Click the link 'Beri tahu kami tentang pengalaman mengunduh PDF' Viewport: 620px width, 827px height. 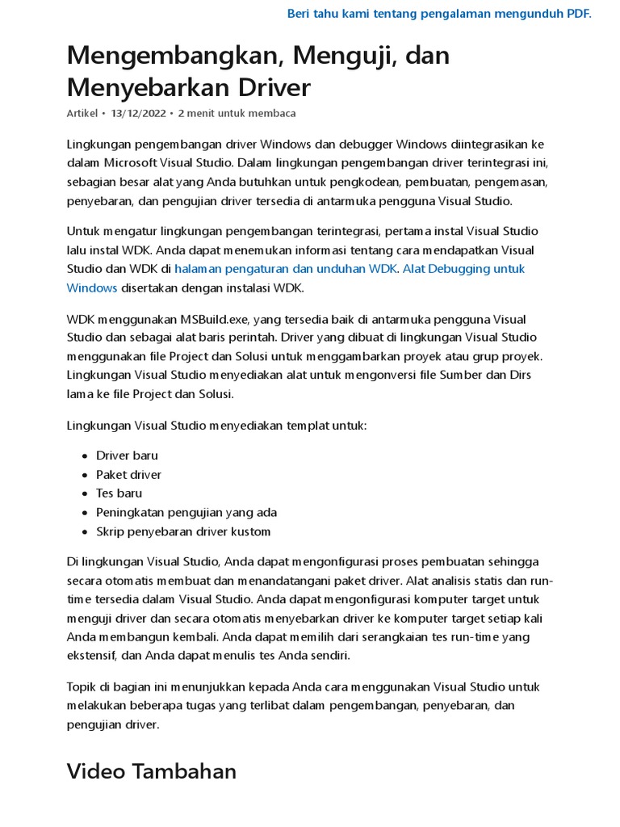pyautogui.click(x=438, y=14)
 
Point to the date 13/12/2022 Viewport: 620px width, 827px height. pyautogui.click(x=138, y=113)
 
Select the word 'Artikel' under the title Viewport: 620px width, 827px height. pyautogui.click(x=82, y=113)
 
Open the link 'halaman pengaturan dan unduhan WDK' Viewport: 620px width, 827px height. pyautogui.click(x=286, y=269)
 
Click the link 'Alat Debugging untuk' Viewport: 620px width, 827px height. pyautogui.click(x=463, y=269)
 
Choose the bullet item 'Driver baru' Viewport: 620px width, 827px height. pyautogui.click(x=127, y=455)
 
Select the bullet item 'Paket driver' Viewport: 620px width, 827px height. pyautogui.click(x=128, y=475)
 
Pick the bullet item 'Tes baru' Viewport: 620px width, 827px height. pyautogui.click(x=119, y=493)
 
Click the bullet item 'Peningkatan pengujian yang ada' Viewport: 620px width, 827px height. pyautogui.click(x=186, y=513)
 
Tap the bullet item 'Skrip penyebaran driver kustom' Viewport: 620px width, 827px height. pyautogui.click(x=183, y=531)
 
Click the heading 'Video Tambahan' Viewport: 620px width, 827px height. pyautogui.click(x=152, y=771)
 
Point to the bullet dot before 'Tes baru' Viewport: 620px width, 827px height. pyautogui.click(x=84, y=494)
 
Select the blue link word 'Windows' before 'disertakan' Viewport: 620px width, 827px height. pyautogui.click(x=92, y=288)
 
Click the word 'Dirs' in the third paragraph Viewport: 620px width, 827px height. pyautogui.click(x=518, y=375)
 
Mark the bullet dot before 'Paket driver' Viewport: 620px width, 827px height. pyautogui.click(x=84, y=475)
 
